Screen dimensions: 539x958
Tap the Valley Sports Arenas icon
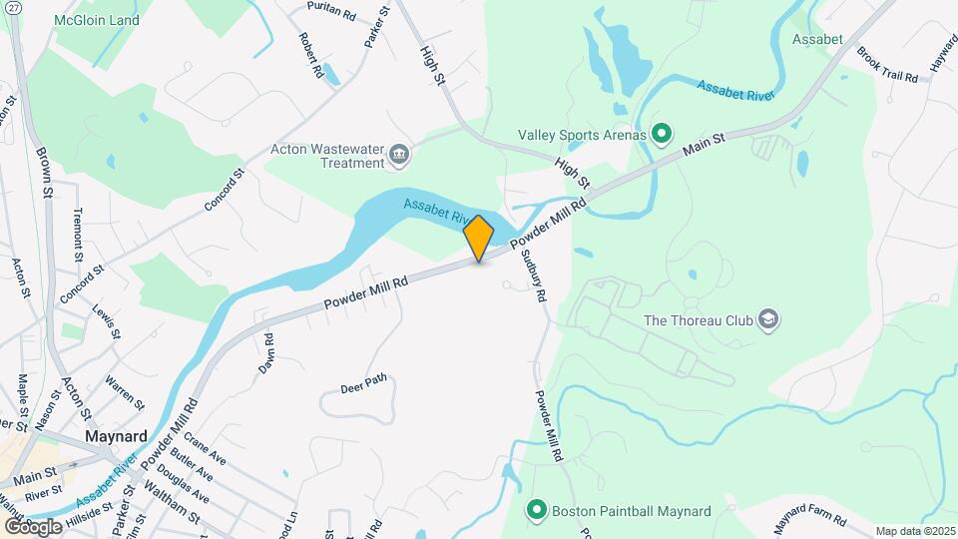(661, 133)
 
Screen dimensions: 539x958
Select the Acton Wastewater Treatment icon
(399, 153)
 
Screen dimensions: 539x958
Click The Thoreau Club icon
(768, 320)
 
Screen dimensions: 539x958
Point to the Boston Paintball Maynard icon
(537, 511)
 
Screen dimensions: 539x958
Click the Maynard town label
(117, 436)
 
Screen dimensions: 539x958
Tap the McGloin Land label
(96, 19)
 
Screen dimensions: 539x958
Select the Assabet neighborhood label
(817, 39)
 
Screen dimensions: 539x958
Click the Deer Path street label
(362, 387)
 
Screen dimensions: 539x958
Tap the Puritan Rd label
(333, 13)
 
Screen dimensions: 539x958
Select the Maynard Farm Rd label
(811, 520)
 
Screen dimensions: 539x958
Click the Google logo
(33, 526)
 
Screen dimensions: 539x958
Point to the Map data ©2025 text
(914, 531)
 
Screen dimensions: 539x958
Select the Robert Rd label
(310, 55)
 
